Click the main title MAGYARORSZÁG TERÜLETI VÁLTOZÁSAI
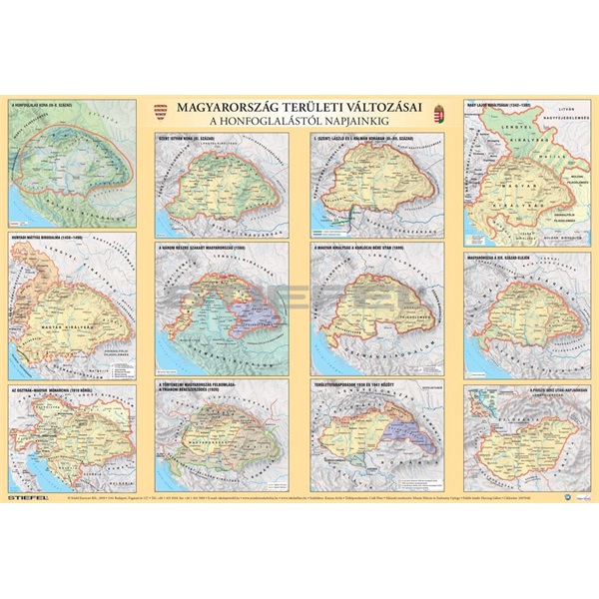(x=299, y=111)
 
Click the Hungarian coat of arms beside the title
(x=435, y=120)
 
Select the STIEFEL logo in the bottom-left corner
(x=27, y=490)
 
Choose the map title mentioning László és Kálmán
(x=355, y=139)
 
